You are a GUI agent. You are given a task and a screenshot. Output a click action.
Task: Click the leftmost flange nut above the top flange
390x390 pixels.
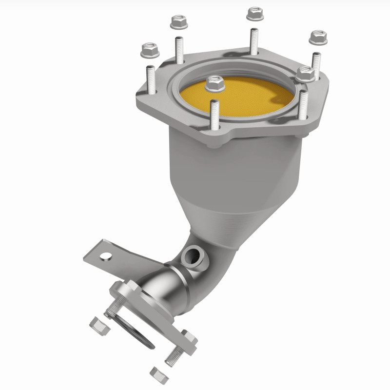tap(150, 49)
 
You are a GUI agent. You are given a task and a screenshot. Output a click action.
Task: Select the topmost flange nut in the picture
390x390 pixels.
tap(254, 14)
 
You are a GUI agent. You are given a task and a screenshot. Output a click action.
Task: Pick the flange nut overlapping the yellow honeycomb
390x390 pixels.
tap(214, 85)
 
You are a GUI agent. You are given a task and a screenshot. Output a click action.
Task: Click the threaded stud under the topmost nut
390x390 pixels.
tap(254, 42)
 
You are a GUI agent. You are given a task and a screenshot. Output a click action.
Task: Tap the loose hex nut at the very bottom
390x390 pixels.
tap(157, 374)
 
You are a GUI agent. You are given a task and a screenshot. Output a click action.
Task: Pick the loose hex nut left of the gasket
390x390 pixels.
tap(99, 325)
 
